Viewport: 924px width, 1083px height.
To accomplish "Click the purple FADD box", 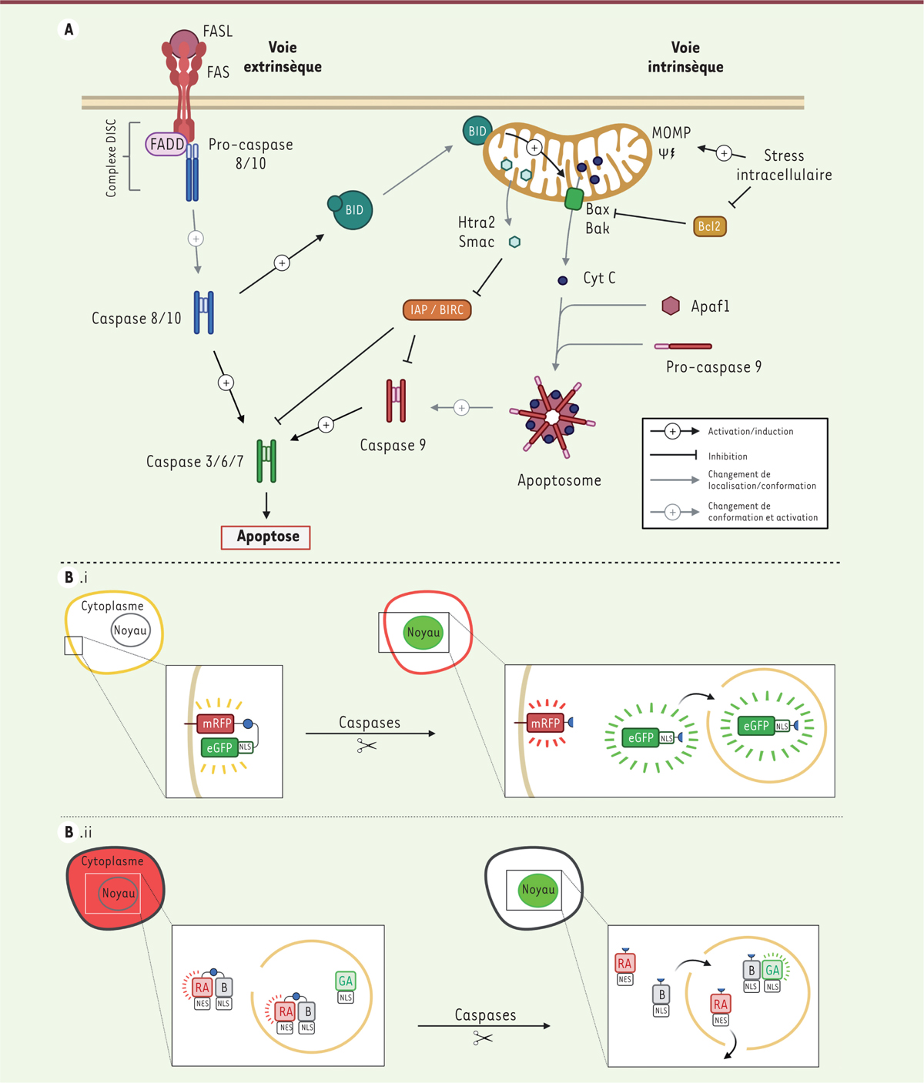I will (x=166, y=144).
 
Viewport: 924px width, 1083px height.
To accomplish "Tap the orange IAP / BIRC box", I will (x=437, y=309).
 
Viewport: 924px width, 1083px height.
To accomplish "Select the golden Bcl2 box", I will (x=709, y=226).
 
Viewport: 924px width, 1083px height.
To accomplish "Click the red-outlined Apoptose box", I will (x=266, y=536).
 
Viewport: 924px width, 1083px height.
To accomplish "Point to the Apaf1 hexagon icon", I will (x=671, y=306).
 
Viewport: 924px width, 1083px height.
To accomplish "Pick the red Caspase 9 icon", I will (x=396, y=400).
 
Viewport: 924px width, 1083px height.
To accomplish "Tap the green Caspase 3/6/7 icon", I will (x=266, y=460).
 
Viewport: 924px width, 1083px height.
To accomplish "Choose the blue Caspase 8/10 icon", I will (x=203, y=312).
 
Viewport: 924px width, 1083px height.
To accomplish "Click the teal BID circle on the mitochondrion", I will (x=477, y=131).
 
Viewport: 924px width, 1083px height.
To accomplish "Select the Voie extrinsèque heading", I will (x=283, y=57).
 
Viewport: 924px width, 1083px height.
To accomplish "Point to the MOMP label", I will (x=671, y=132).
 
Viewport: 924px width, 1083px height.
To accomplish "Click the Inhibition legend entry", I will (x=728, y=456).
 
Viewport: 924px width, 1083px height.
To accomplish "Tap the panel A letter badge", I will (x=69, y=30).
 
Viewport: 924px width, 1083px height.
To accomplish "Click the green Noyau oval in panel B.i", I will (x=423, y=633).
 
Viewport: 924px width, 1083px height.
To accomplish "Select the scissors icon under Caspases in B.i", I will (x=367, y=745).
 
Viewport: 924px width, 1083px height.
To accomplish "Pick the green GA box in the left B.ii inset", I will (x=346, y=981).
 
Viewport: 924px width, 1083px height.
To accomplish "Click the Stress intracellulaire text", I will (x=784, y=165).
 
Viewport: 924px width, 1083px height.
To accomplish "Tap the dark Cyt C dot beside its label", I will (x=563, y=280).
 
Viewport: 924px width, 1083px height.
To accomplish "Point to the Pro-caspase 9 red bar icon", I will (x=683, y=346).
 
